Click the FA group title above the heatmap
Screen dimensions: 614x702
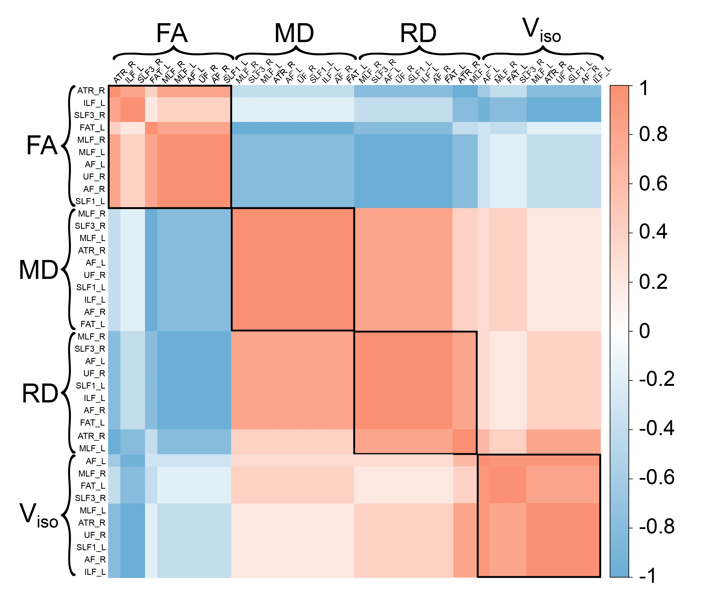[172, 33]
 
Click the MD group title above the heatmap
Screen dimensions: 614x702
[294, 33]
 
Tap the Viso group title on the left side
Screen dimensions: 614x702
[38, 516]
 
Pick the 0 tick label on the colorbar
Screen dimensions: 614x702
[645, 331]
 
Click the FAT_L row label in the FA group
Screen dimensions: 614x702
[92, 128]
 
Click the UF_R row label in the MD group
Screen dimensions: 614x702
[95, 275]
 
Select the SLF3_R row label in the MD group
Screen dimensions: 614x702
[90, 226]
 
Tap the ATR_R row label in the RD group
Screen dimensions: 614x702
[91, 436]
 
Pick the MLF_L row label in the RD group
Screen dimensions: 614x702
[92, 449]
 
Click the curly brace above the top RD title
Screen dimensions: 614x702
[419, 54]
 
